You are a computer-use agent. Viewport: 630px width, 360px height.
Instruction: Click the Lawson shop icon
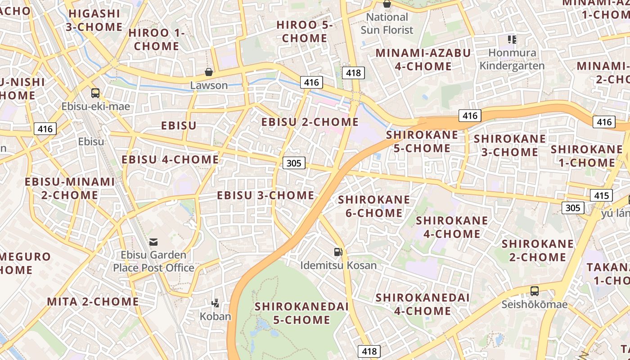click(x=209, y=72)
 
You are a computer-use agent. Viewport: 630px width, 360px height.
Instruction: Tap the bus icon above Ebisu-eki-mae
click(x=95, y=93)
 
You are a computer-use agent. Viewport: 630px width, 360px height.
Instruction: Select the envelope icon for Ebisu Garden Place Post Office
click(x=153, y=242)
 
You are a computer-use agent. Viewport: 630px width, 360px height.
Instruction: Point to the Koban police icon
click(x=216, y=303)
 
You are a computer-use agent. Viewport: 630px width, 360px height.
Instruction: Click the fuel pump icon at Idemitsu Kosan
click(x=338, y=252)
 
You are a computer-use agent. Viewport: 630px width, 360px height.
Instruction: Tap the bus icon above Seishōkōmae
click(x=535, y=291)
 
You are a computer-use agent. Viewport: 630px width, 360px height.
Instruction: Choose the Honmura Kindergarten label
click(x=512, y=59)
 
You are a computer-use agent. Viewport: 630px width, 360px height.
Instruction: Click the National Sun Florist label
click(x=387, y=23)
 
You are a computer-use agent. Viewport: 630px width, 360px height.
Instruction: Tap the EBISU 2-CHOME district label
click(x=310, y=122)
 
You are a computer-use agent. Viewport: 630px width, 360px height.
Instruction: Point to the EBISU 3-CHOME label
click(x=265, y=195)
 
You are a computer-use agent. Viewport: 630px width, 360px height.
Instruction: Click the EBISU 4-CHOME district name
click(x=170, y=160)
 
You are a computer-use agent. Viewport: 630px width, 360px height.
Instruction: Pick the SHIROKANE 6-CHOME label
click(x=374, y=206)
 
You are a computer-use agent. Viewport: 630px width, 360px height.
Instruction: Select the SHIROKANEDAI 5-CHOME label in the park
click(x=301, y=313)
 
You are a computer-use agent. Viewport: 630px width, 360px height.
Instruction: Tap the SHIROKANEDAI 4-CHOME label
click(x=423, y=304)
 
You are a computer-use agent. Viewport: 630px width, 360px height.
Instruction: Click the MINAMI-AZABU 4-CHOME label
click(x=423, y=59)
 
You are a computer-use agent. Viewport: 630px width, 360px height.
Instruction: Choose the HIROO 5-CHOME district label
click(x=305, y=31)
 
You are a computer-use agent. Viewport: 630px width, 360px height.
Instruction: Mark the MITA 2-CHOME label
click(x=93, y=301)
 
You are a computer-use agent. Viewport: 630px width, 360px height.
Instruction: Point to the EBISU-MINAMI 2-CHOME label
click(x=70, y=188)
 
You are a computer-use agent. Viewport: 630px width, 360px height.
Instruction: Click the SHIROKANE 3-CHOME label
click(x=510, y=145)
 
